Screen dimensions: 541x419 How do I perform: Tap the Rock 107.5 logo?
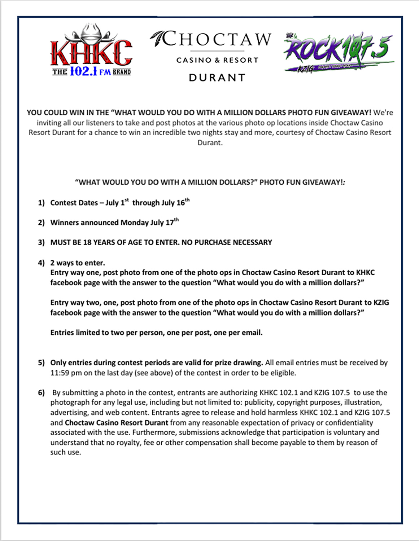coord(339,52)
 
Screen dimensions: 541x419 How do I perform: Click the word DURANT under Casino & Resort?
coord(217,78)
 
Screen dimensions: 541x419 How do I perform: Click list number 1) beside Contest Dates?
coord(41,203)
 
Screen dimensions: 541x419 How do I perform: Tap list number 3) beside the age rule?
coord(41,242)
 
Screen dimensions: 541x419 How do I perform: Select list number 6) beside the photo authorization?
coord(41,392)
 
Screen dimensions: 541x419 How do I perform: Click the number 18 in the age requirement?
coord(87,242)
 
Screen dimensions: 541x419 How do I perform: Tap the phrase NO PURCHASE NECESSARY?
coord(227,242)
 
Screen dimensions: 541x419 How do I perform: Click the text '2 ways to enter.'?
coord(78,263)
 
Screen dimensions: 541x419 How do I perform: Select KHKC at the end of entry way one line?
coord(365,272)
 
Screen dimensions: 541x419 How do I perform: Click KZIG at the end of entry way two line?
coord(381,302)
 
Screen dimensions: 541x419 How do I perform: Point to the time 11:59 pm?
coord(66,373)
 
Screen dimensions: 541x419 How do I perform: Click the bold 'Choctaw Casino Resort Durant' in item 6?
coord(117,422)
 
